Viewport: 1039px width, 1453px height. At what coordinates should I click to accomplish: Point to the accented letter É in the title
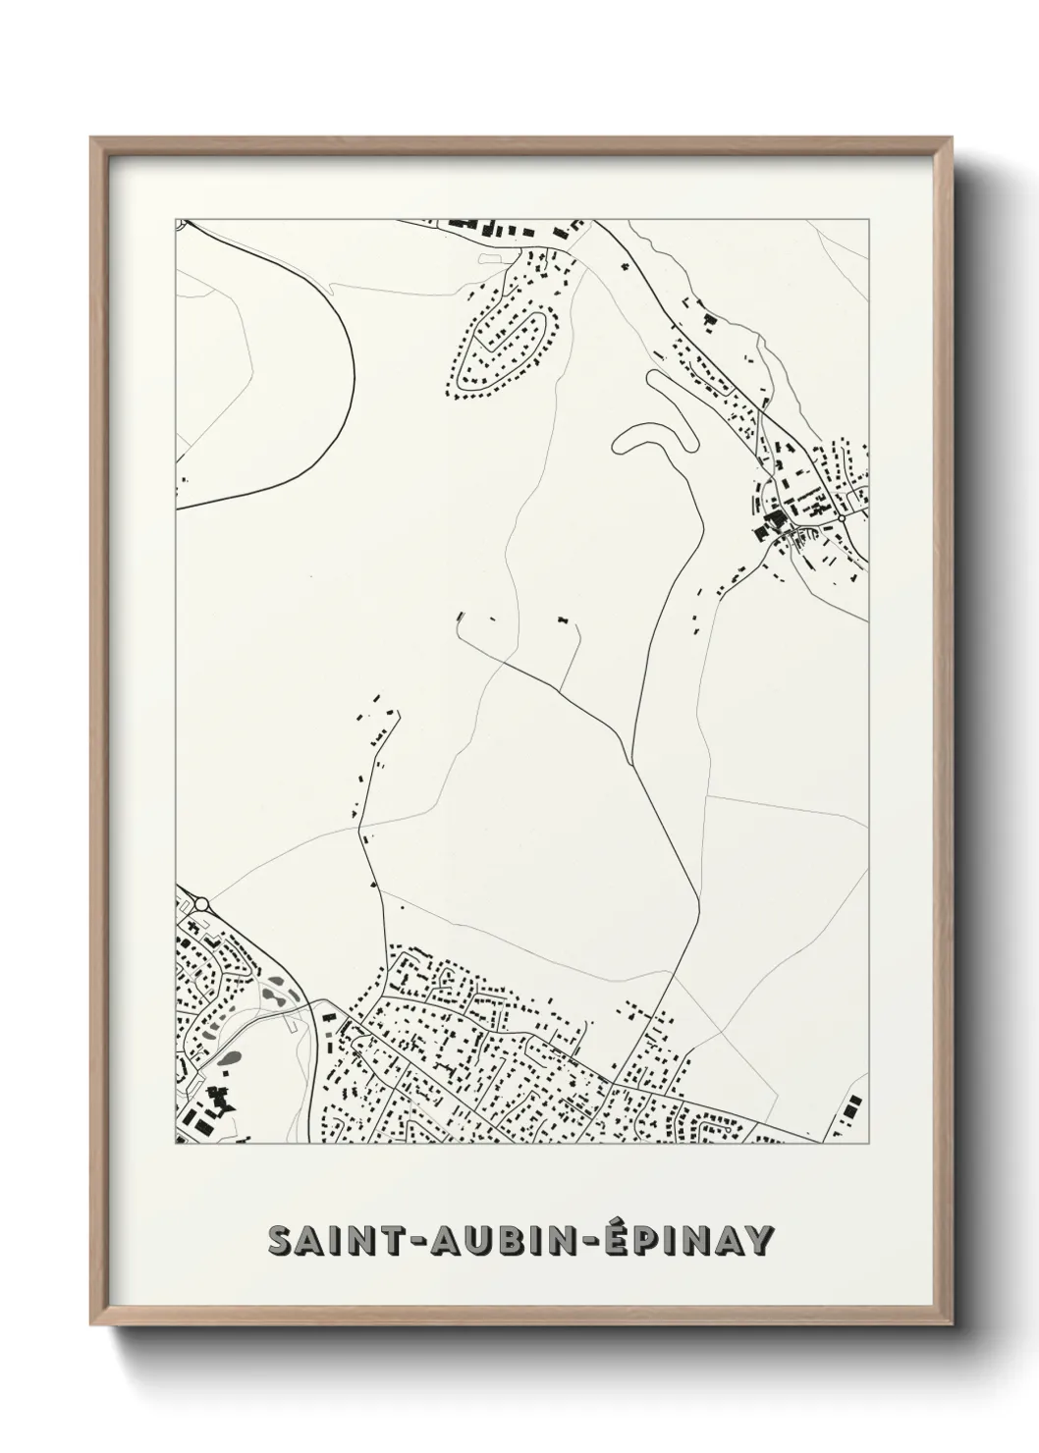point(614,1238)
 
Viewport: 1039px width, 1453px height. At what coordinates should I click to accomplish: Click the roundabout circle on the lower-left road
point(201,904)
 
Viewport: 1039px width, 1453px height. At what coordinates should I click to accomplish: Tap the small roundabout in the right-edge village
point(842,516)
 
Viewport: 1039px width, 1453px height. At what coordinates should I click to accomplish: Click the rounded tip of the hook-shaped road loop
point(621,444)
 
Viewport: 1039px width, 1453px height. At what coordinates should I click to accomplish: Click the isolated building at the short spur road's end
point(564,620)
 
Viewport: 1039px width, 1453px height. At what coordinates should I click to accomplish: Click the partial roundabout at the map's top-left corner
point(180,224)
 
